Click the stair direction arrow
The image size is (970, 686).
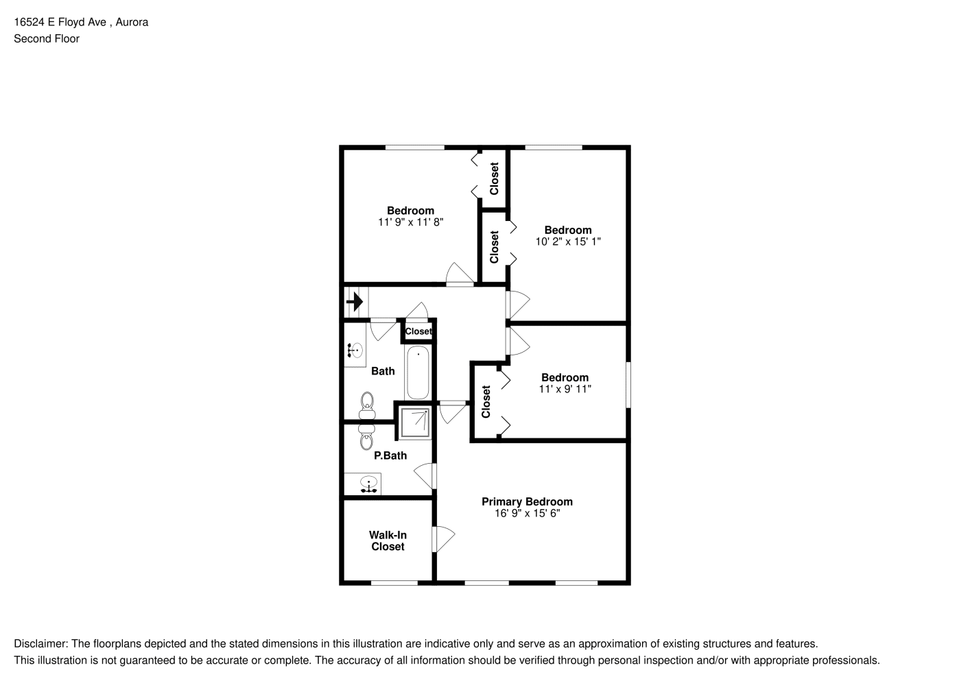[x=355, y=302]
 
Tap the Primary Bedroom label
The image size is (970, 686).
[x=527, y=501]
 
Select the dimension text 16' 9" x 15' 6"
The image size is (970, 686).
[x=527, y=513]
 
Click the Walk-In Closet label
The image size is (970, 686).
[x=388, y=541]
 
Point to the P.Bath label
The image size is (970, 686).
[x=390, y=456]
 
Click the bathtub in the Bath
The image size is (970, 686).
[x=418, y=372]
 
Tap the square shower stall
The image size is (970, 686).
[x=415, y=423]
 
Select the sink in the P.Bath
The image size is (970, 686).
[x=368, y=484]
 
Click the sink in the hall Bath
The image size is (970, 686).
[x=355, y=350]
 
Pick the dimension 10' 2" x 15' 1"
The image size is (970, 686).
[x=568, y=241]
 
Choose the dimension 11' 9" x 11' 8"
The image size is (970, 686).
[x=410, y=222]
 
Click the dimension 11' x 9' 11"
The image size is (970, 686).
[x=565, y=389]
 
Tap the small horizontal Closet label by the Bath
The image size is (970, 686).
[x=418, y=331]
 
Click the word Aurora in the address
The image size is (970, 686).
[x=132, y=22]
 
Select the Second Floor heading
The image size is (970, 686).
[x=47, y=38]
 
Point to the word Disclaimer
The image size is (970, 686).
[x=40, y=643]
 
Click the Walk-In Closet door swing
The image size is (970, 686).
[x=443, y=539]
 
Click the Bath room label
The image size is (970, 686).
[x=383, y=371]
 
